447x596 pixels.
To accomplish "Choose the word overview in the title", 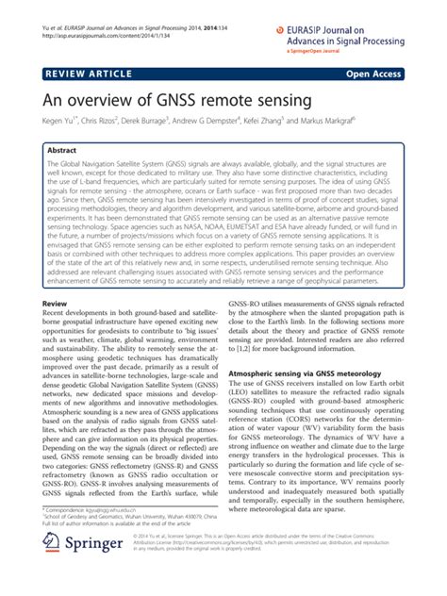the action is [x=107, y=100].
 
